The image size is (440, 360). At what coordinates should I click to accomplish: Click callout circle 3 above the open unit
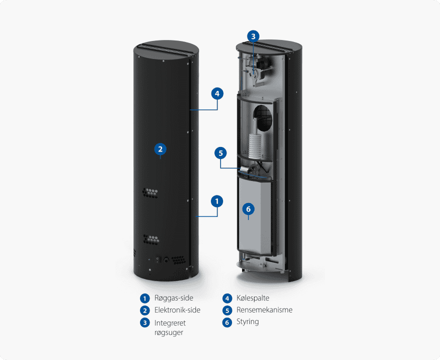pyautogui.click(x=253, y=36)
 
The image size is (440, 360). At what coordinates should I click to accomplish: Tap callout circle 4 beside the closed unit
pyautogui.click(x=217, y=93)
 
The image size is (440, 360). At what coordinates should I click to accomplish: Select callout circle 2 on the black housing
pyautogui.click(x=160, y=149)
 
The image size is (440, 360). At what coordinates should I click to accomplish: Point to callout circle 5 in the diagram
pyautogui.click(x=220, y=153)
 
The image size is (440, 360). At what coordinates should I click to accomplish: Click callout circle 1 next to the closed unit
pyautogui.click(x=217, y=201)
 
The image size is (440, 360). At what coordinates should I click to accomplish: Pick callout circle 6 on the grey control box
pyautogui.click(x=248, y=209)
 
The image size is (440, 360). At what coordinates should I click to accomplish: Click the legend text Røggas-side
pyautogui.click(x=173, y=298)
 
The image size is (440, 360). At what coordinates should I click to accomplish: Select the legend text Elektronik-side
pyautogui.click(x=177, y=310)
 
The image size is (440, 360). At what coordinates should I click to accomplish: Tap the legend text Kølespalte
pyautogui.click(x=253, y=298)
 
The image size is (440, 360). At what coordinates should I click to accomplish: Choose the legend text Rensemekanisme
pyautogui.click(x=264, y=310)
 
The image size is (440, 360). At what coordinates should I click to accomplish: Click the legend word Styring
pyautogui.click(x=247, y=321)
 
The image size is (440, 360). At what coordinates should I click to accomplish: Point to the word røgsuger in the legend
pyautogui.click(x=168, y=333)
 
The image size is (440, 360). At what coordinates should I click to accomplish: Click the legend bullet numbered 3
pyautogui.click(x=145, y=322)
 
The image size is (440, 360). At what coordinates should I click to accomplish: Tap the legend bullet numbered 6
pyautogui.click(x=227, y=322)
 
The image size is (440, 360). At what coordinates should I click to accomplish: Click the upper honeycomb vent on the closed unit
pyautogui.click(x=150, y=193)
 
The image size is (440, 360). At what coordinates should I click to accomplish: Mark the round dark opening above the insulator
pyautogui.click(x=262, y=118)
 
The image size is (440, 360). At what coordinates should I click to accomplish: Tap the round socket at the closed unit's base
pyautogui.click(x=166, y=260)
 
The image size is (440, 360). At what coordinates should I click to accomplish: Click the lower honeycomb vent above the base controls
pyautogui.click(x=151, y=239)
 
